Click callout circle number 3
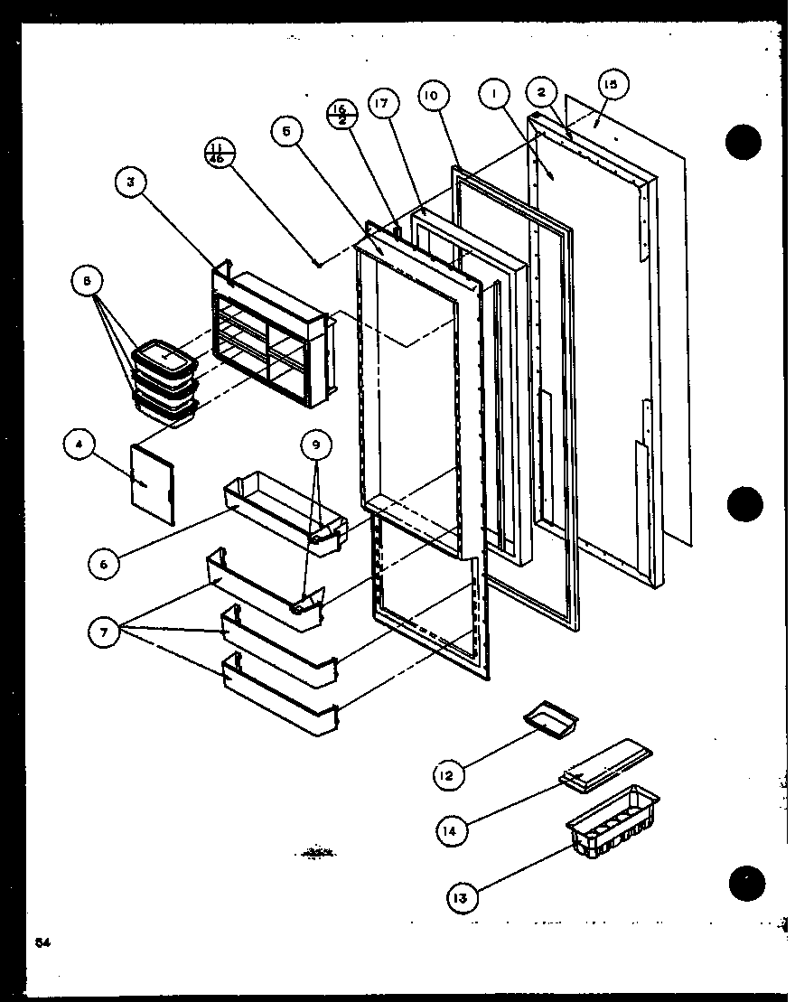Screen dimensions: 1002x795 [130, 183]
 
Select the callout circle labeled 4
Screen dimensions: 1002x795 [79, 445]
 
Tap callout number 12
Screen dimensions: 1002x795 [447, 774]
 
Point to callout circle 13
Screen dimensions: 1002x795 [461, 898]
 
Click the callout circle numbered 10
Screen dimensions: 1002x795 [433, 95]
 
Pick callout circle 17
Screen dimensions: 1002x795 [382, 105]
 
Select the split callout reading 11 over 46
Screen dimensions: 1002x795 [219, 151]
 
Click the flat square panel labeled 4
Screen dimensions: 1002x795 [154, 482]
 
